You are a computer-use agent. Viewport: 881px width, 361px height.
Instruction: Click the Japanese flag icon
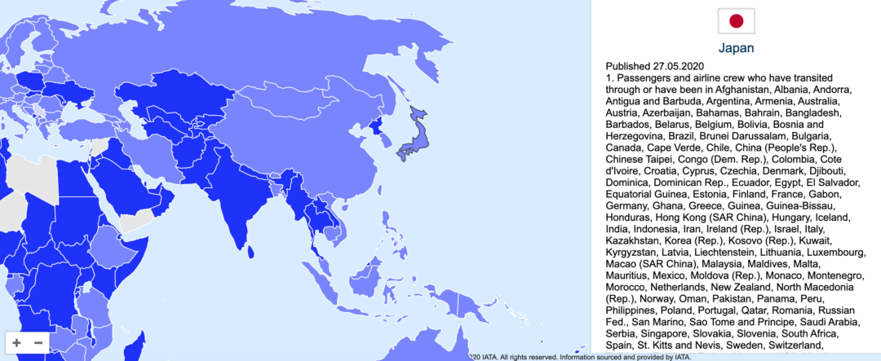pos(736,21)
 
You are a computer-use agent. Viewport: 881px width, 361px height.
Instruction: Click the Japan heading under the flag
pos(736,48)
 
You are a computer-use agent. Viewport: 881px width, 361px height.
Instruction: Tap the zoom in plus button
pos(17,342)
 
